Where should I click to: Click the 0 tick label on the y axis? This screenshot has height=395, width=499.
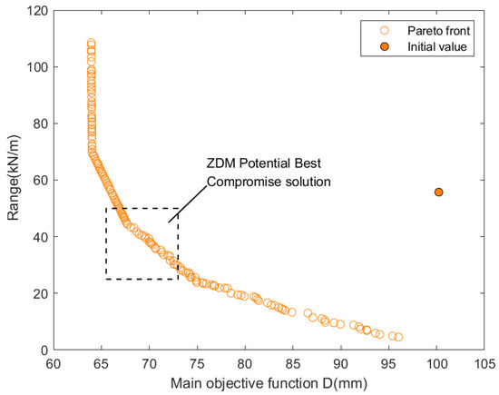pos(40,350)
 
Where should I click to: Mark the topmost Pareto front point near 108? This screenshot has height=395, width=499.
pos(92,44)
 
